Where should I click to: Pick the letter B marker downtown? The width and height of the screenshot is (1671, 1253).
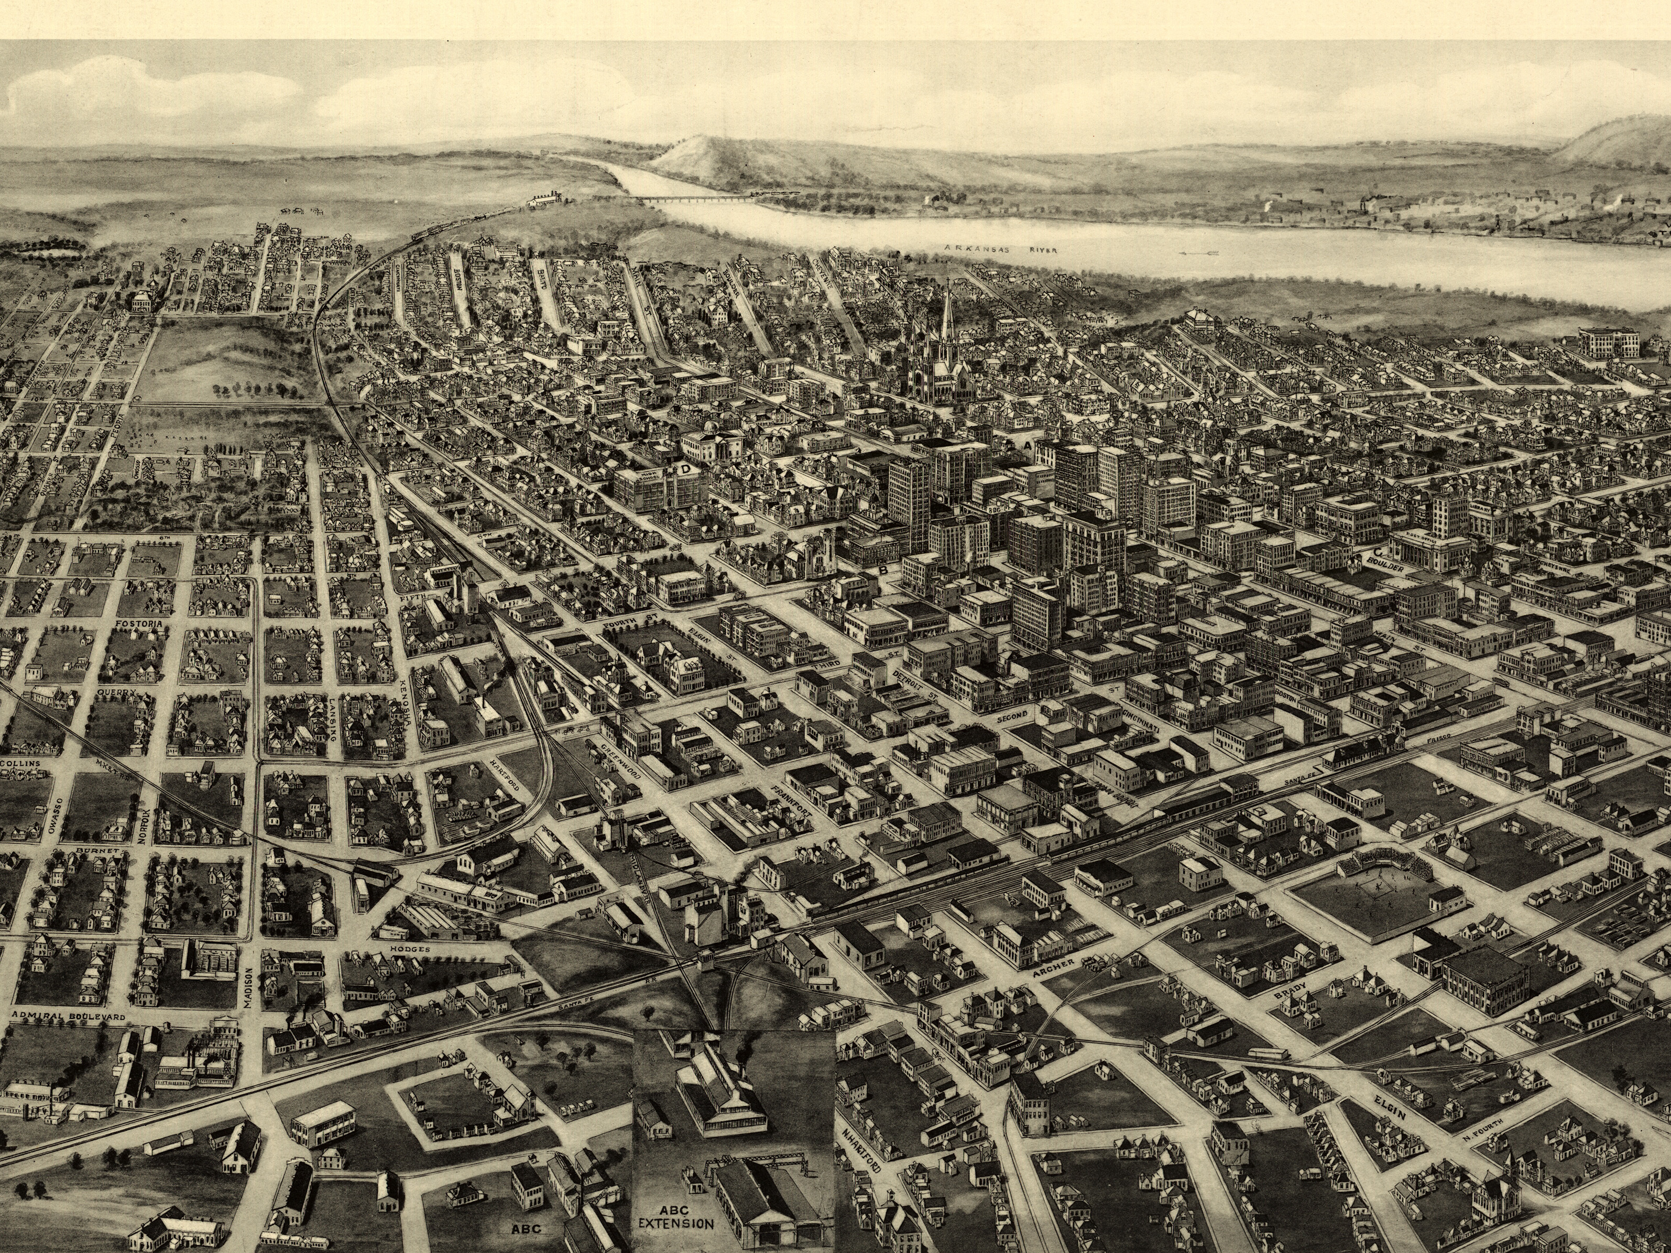click(881, 571)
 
